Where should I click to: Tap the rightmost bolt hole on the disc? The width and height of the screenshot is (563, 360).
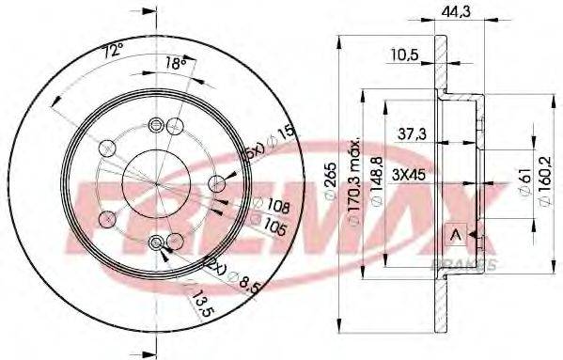pyautogui.click(x=216, y=182)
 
